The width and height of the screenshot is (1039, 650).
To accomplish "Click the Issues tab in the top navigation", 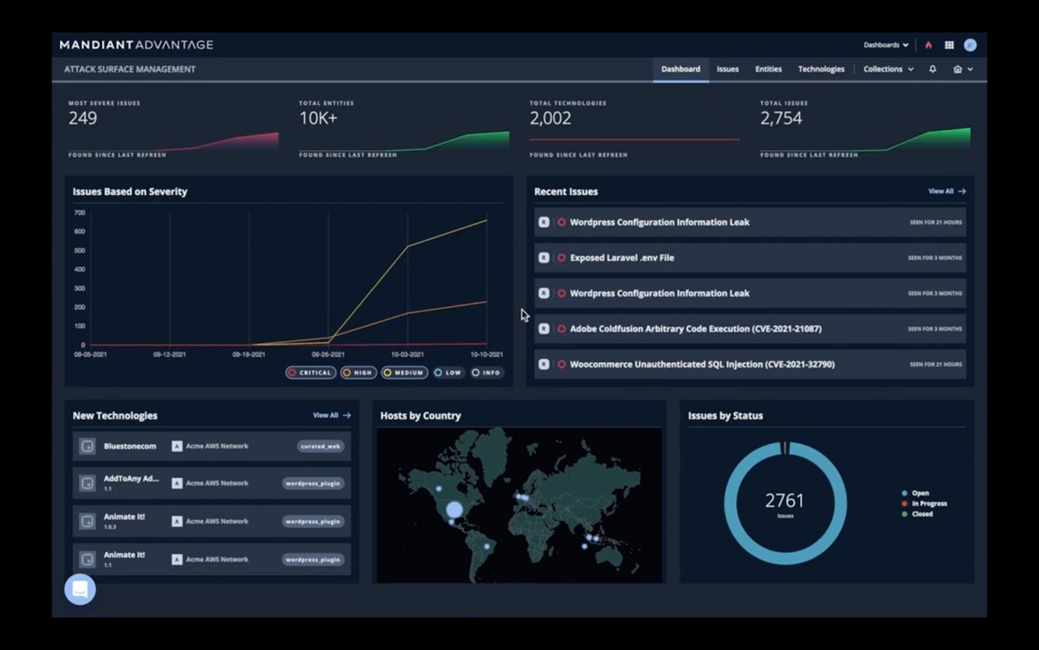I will [727, 69].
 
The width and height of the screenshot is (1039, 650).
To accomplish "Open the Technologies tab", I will [821, 69].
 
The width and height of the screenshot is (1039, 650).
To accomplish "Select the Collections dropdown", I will [887, 69].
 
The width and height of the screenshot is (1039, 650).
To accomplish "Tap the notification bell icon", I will [933, 69].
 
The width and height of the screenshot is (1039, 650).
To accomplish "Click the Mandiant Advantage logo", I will [136, 45].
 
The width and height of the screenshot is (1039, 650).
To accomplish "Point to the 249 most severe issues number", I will [83, 119].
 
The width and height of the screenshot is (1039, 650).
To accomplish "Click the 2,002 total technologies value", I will [551, 119].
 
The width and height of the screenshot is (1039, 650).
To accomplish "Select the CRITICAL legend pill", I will [309, 373].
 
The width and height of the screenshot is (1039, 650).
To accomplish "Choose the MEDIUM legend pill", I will [404, 373].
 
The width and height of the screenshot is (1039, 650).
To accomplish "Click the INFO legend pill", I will [487, 373].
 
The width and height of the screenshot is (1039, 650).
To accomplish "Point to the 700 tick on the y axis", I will [80, 212].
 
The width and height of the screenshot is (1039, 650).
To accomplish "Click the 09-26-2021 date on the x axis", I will [328, 354].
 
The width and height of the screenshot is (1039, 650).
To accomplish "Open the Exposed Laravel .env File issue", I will [622, 257].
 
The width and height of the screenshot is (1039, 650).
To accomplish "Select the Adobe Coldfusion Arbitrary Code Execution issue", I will [695, 329].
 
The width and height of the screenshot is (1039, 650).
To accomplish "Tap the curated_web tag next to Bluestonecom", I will [320, 446].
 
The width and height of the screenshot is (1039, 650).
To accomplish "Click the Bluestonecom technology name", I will [130, 446].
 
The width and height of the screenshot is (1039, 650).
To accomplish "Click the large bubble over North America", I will [454, 510].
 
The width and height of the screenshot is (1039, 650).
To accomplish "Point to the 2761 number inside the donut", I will [784, 500].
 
